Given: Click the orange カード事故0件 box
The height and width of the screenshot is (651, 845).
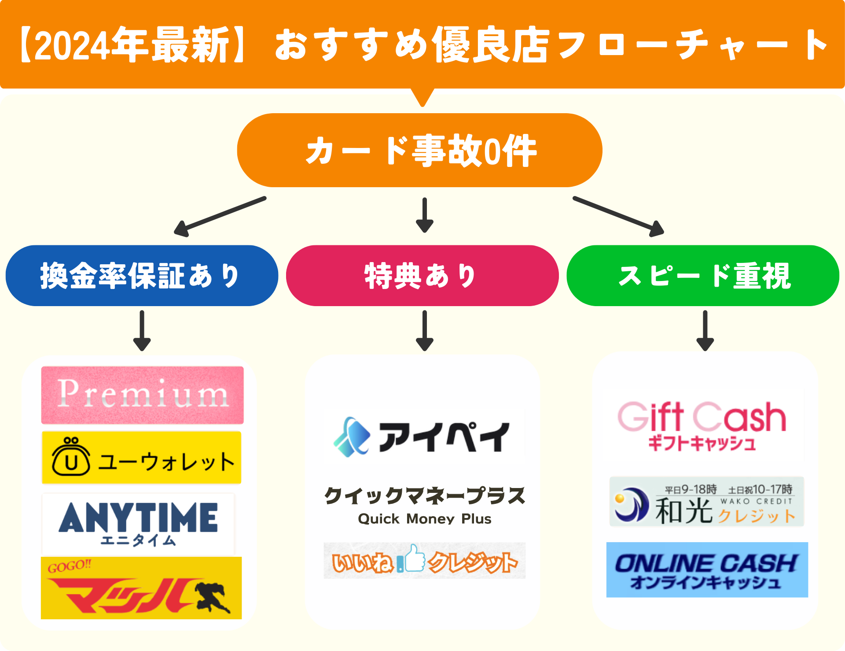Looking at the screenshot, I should [x=419, y=150].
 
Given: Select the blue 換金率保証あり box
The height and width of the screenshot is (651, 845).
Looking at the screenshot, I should [x=142, y=276].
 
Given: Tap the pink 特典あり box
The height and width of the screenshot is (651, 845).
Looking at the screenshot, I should [x=422, y=276].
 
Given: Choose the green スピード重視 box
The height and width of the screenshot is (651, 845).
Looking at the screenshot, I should [x=703, y=276].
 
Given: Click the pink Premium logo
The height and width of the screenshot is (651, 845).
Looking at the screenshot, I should [x=142, y=395].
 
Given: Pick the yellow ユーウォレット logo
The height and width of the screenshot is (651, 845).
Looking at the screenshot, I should [x=141, y=458].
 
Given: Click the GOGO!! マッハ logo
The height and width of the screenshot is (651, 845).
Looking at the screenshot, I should [x=141, y=588].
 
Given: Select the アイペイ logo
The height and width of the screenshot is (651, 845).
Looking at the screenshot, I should [x=424, y=436].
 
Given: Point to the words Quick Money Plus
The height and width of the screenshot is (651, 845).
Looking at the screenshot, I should [x=424, y=519].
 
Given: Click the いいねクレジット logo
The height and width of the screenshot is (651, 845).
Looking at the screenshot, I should [x=424, y=561].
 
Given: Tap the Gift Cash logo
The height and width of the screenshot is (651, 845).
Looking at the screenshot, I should [x=702, y=425].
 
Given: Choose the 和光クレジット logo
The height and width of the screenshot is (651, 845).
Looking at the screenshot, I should [x=706, y=502].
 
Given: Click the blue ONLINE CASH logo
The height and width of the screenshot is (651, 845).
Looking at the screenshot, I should [x=707, y=570].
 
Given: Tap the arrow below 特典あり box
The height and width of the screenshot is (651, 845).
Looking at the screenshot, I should [x=424, y=330].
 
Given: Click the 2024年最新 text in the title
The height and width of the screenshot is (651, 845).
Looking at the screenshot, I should [x=132, y=45].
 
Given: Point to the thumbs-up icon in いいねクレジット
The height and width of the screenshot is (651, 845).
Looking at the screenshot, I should [x=414, y=559].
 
